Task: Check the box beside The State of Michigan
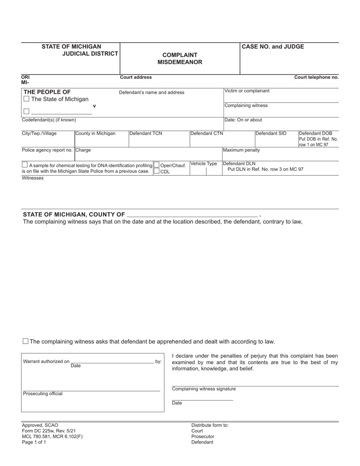27,99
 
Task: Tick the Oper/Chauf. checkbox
157,165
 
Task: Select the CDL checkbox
157,171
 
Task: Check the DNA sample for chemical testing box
25,165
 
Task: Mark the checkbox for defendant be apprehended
26,341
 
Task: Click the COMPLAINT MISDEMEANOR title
180,58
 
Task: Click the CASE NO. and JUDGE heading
273,47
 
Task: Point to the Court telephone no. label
316,77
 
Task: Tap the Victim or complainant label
247,91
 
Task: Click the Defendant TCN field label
146,133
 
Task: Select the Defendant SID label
271,133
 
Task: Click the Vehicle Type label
204,164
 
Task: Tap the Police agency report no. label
47,150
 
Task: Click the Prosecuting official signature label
43,394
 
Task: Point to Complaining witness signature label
204,389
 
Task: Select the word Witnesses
33,178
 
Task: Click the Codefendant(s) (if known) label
49,120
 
